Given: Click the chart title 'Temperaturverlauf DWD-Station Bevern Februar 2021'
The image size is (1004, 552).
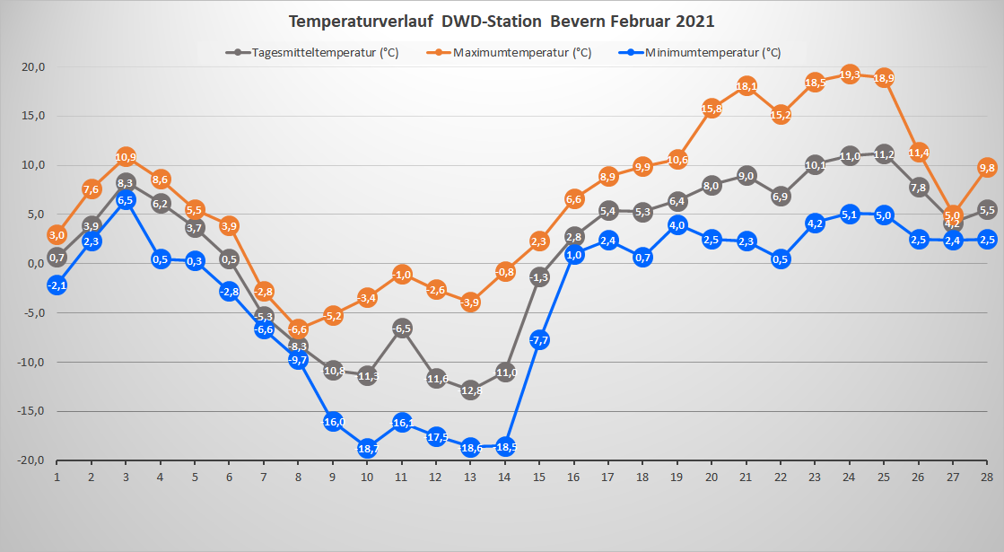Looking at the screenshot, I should point(502,20).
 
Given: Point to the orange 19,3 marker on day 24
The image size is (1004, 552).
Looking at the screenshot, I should point(850,74).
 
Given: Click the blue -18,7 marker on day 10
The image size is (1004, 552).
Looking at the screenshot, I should point(367,448).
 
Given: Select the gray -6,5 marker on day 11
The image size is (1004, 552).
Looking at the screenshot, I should point(402,328).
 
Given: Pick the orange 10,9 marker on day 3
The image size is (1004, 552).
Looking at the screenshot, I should point(126,157).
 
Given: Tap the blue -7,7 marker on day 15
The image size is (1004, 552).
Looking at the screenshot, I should point(539,339).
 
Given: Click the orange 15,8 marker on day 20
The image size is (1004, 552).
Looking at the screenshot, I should point(712,109).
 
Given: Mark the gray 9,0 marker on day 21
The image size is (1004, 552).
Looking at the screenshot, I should point(746,176).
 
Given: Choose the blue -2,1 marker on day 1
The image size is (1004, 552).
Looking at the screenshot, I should point(57,285).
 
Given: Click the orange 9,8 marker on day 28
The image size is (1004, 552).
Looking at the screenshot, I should point(987,168).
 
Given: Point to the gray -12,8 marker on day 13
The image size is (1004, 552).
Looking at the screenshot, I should point(470,390).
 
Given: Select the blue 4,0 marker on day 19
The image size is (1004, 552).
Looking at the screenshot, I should point(677,224).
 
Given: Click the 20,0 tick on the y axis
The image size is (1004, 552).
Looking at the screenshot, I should point(34,67).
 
